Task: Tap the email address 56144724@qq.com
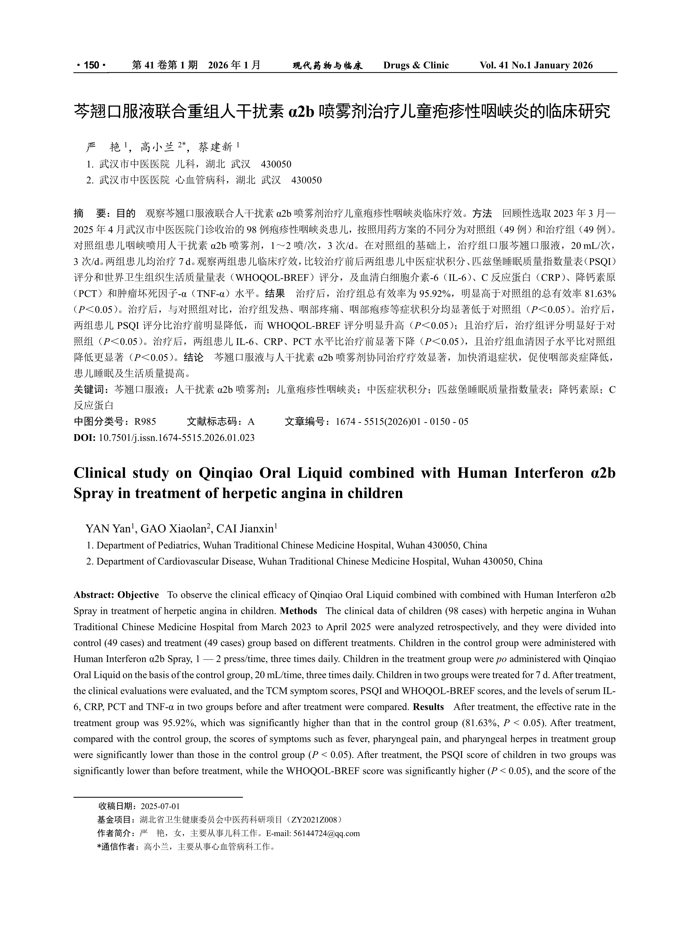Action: (327, 833)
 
